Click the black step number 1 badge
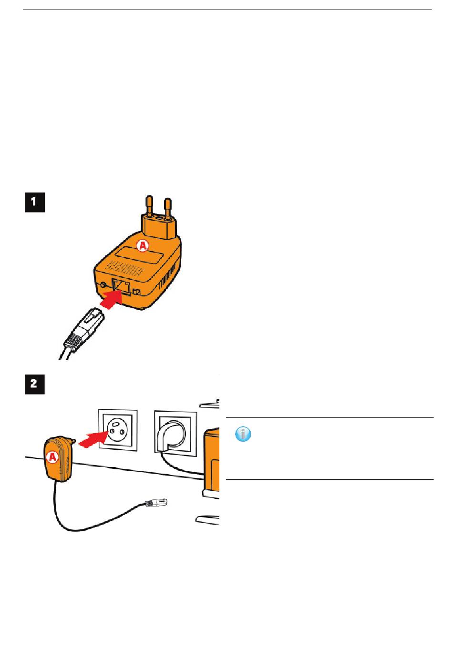35,202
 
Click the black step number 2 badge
35,385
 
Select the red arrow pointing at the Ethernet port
111,301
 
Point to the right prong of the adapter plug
167,208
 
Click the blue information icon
244,434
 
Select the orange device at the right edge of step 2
212,460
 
